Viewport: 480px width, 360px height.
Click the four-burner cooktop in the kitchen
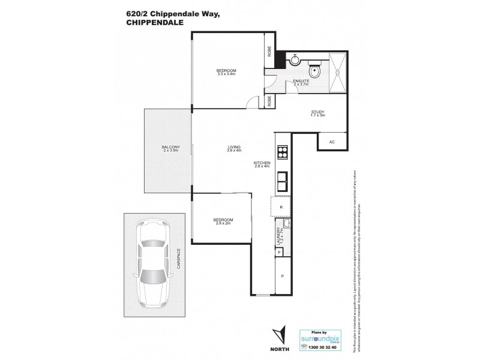pos(281,152)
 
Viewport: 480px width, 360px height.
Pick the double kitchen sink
pos(281,178)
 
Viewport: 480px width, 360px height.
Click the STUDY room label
pos(317,112)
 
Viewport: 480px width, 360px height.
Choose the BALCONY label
pos(168,147)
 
